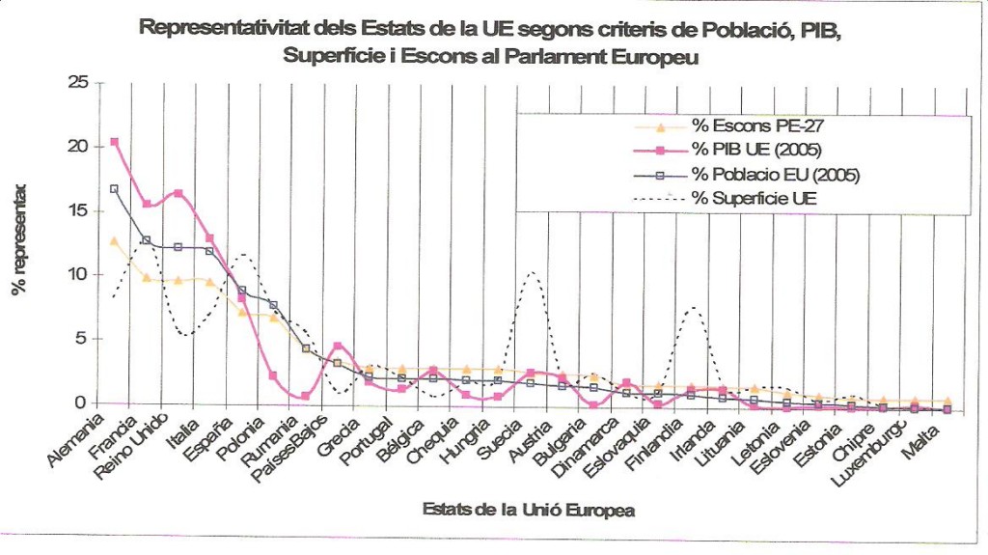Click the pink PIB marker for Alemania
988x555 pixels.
[115, 142]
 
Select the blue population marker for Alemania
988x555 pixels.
[115, 188]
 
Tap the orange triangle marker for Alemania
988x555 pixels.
[115, 241]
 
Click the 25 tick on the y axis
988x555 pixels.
[77, 83]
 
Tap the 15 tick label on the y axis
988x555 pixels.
[77, 210]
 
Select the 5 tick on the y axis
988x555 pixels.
[82, 339]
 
